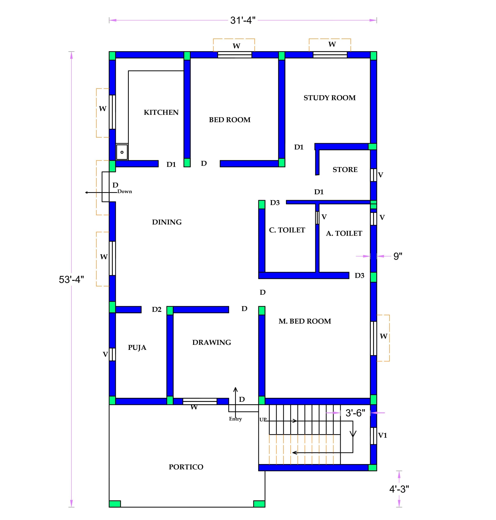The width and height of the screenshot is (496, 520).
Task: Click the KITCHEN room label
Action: click(x=161, y=112)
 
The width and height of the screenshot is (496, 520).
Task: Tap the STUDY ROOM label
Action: click(x=330, y=98)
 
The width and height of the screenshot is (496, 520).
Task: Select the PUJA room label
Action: click(x=137, y=347)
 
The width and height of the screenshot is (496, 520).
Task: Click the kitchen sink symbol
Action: click(x=122, y=152)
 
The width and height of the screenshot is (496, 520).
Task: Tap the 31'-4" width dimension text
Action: click(x=243, y=20)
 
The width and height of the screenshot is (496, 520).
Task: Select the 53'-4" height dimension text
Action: click(x=71, y=280)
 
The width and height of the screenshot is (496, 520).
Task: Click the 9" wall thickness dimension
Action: click(x=398, y=256)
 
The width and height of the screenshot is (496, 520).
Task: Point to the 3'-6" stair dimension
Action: click(x=355, y=413)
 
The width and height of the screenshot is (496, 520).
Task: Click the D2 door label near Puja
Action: click(x=157, y=309)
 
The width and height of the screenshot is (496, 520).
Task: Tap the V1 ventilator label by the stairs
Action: click(x=383, y=435)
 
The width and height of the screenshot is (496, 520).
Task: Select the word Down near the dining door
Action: click(x=125, y=191)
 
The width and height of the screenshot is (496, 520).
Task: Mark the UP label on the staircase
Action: click(x=263, y=420)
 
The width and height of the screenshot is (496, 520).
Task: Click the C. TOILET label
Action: click(x=287, y=230)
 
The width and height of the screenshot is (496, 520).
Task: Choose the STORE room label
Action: click(x=345, y=170)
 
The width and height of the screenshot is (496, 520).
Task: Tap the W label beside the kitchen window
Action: click(x=103, y=108)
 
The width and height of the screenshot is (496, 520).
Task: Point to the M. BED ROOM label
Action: click(x=305, y=321)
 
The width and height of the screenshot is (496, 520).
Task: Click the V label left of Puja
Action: click(x=105, y=354)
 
